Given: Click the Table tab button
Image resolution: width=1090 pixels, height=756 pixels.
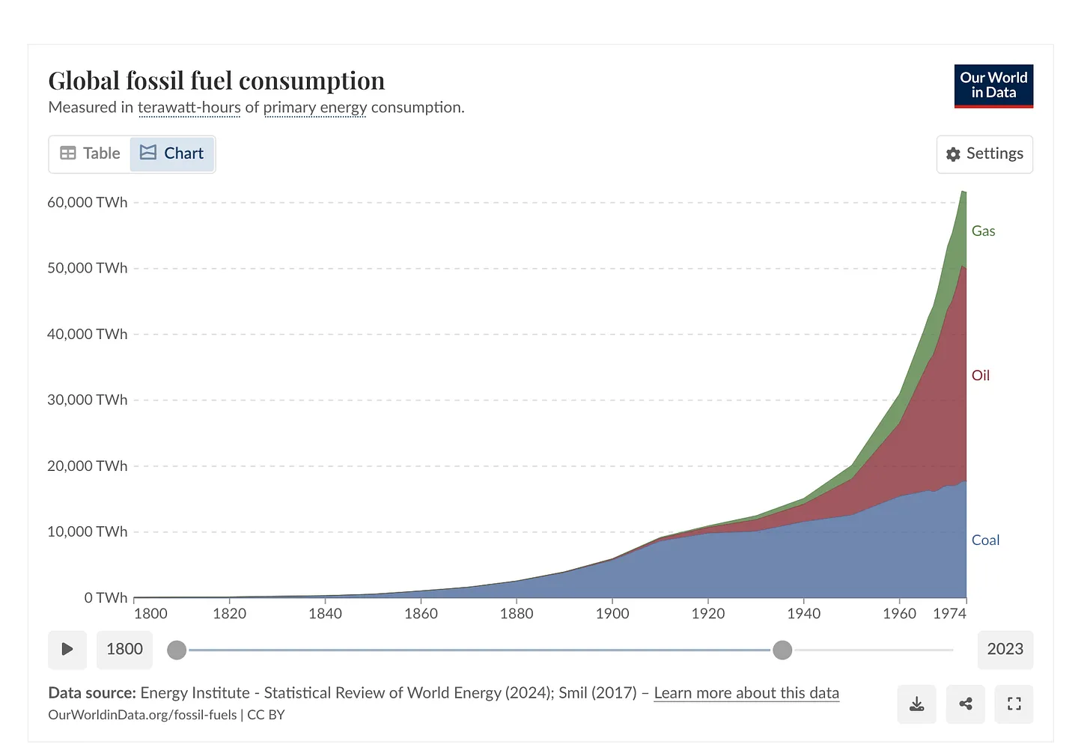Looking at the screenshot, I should pyautogui.click(x=90, y=153).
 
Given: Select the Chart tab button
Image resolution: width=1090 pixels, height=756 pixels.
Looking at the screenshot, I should pyautogui.click(x=172, y=153).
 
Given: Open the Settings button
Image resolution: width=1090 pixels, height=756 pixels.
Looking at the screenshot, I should pyautogui.click(x=984, y=154).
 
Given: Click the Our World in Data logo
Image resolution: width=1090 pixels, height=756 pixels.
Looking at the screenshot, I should pyautogui.click(x=993, y=85).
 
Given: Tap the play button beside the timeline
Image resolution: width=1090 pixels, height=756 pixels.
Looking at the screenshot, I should pyautogui.click(x=67, y=649).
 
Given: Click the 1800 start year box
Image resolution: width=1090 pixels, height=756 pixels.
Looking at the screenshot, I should pyautogui.click(x=124, y=649).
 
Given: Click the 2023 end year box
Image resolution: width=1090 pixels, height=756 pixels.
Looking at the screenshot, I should pyautogui.click(x=1005, y=649).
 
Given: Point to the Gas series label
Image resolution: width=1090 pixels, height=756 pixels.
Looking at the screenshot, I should pyautogui.click(x=983, y=231).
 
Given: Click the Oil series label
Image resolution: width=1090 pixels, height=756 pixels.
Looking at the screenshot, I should pyautogui.click(x=980, y=376).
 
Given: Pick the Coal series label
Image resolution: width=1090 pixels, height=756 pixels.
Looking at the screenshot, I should pyautogui.click(x=985, y=540).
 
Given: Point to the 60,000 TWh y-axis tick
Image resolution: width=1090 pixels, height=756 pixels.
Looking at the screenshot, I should pyautogui.click(x=88, y=203).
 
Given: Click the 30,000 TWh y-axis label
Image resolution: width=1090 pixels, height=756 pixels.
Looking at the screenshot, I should pyautogui.click(x=88, y=400).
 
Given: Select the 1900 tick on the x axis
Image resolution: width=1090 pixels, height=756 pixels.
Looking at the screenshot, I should pyautogui.click(x=612, y=614).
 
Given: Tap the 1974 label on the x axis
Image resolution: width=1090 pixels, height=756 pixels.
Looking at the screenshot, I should pyautogui.click(x=949, y=614).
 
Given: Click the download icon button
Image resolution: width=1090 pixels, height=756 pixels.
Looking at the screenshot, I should pyautogui.click(x=916, y=704).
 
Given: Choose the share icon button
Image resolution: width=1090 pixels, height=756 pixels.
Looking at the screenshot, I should pyautogui.click(x=965, y=704).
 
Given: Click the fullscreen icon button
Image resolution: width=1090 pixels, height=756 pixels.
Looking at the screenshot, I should pyautogui.click(x=1014, y=704).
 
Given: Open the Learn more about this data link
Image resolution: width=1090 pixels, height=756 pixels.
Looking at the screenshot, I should pyautogui.click(x=746, y=693).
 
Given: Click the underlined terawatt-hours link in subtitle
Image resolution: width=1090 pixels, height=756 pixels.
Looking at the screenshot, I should pyautogui.click(x=189, y=108).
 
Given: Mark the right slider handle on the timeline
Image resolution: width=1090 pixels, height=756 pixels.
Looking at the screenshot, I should pyautogui.click(x=782, y=650).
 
